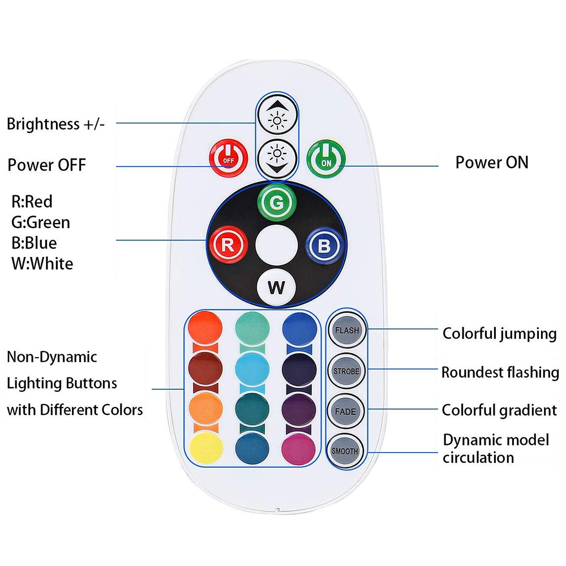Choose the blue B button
324,246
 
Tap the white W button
276,286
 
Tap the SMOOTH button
345,451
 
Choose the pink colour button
299,448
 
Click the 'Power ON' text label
491,162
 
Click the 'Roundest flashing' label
500,372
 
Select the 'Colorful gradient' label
499,410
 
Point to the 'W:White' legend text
42,264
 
